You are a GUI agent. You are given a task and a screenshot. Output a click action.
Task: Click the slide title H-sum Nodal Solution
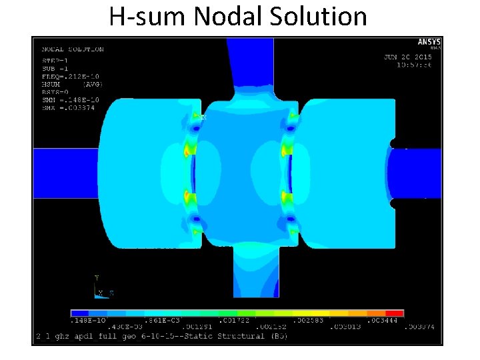[x=238, y=16]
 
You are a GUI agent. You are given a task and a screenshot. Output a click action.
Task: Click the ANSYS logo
[x=429, y=43]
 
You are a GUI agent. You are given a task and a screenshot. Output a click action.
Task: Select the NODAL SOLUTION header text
[x=73, y=49]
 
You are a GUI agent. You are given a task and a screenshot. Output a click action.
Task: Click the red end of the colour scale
[x=395, y=313]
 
